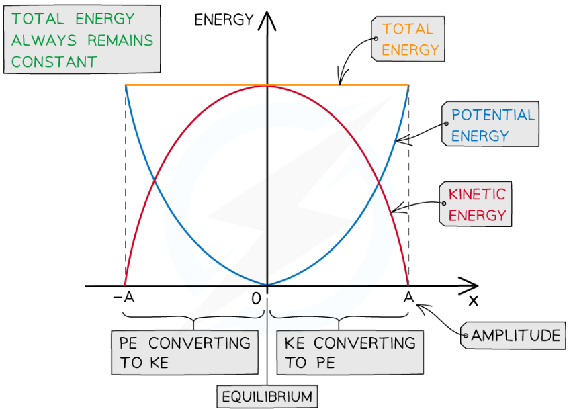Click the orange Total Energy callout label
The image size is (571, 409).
pos(408,39)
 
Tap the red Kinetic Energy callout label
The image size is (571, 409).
pos(476,205)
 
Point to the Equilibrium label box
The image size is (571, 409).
pos(267,396)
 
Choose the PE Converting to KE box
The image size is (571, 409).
pos(185,353)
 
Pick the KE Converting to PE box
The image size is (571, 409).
pos(350,353)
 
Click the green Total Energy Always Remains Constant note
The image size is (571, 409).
pos(82,40)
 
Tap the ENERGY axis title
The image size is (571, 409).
pos(224,19)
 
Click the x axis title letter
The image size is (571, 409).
pos(473,300)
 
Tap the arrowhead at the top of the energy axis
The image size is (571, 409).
pos(267,18)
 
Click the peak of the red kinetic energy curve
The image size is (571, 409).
pos(267,85)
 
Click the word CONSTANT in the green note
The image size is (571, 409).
pos(54,62)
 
